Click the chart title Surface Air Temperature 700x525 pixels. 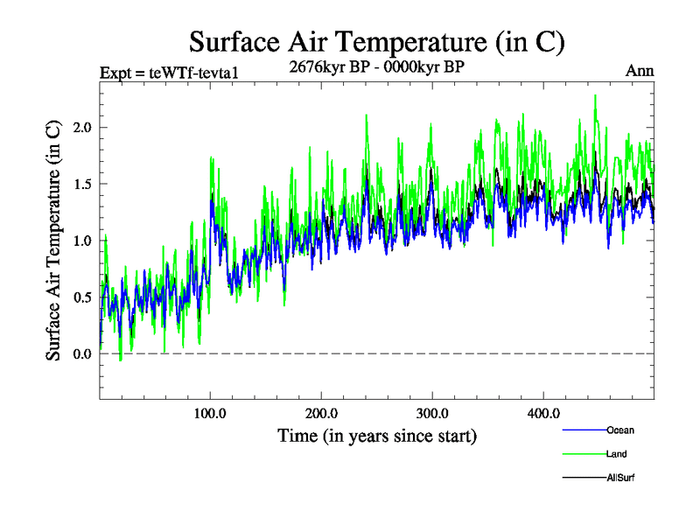(x=376, y=42)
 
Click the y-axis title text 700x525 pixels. (x=53, y=239)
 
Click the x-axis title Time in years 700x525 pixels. (x=376, y=435)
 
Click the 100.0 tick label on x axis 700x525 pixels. (x=210, y=412)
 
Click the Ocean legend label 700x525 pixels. (x=619, y=430)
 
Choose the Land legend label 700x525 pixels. (x=616, y=454)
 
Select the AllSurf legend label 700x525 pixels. (x=619, y=478)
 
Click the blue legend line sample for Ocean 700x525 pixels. (x=583, y=430)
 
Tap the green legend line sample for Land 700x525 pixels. (x=583, y=454)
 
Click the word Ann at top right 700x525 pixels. (x=640, y=71)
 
